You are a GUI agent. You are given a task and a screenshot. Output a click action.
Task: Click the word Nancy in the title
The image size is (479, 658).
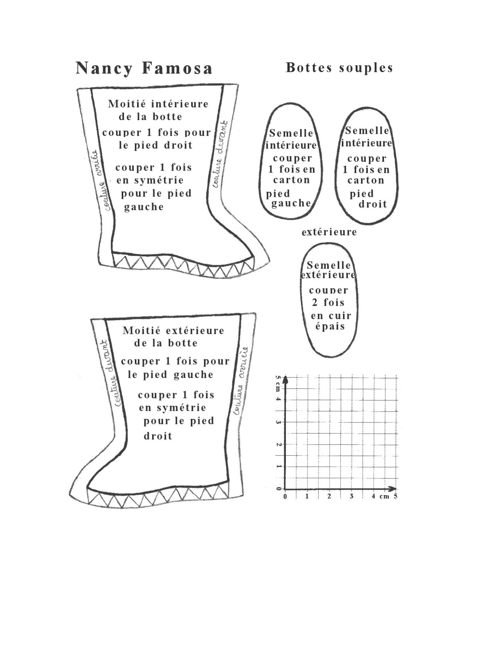pos(104,68)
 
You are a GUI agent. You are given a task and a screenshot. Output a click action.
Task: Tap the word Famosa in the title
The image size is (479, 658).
pos(177,68)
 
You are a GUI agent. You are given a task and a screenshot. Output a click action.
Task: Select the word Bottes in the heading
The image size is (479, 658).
pos(309,68)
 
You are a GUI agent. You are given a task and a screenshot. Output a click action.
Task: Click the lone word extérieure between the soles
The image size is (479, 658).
pos(329,232)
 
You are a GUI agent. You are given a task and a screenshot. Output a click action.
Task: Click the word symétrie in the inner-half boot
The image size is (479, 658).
pos(159,180)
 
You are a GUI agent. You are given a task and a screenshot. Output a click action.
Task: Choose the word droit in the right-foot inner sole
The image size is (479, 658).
pos(372,204)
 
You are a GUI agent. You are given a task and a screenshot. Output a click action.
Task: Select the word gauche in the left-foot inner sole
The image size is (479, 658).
pos(291,203)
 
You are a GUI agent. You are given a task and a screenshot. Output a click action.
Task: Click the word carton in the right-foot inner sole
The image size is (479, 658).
pos(365,180)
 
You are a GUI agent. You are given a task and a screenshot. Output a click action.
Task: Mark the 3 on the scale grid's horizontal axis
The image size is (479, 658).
pos(352,496)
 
